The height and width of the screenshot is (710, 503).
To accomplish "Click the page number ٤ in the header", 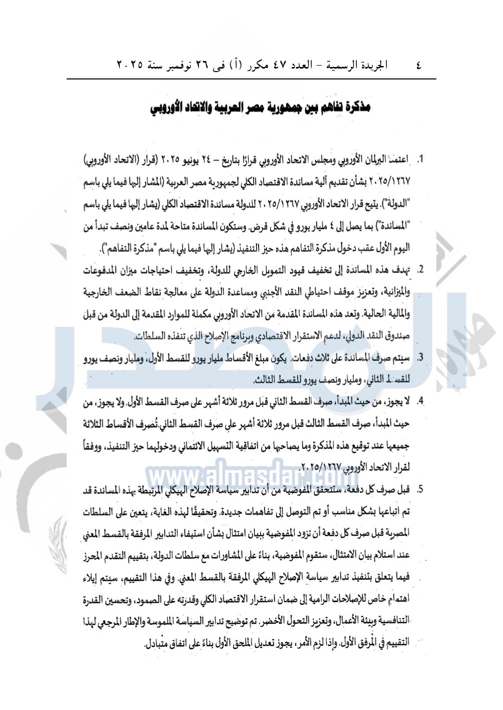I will click(x=418, y=65).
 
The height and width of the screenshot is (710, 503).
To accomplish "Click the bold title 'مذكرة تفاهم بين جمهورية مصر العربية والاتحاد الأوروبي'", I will click(x=261, y=107).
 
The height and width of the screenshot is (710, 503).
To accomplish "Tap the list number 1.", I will click(x=421, y=160).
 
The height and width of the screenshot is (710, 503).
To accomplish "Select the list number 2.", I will click(x=421, y=270).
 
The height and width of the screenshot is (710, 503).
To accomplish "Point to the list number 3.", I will click(x=421, y=358).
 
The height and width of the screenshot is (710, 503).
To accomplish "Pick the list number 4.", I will click(x=421, y=401).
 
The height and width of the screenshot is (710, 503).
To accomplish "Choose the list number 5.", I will click(x=421, y=489).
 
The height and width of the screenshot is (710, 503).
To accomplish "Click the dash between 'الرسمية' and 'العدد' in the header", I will click(x=318, y=65).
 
